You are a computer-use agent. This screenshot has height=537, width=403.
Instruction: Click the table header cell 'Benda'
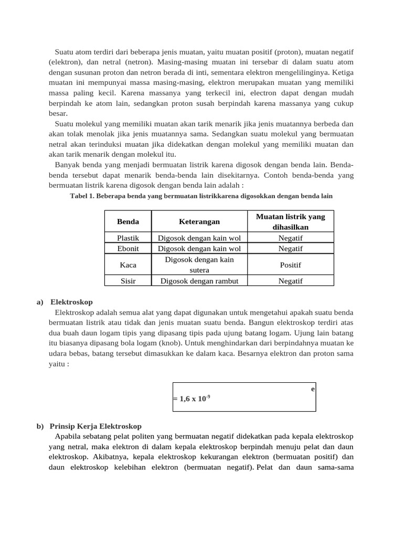click(x=128, y=222)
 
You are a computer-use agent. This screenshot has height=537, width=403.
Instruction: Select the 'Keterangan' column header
click(x=199, y=222)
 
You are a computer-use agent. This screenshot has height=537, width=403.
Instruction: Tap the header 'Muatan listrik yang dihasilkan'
click(x=290, y=222)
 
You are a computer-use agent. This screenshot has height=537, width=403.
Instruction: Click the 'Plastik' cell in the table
click(x=128, y=238)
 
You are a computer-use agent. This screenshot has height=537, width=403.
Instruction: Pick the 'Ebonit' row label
click(x=128, y=248)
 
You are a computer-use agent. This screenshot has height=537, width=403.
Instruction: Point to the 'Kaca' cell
click(x=128, y=265)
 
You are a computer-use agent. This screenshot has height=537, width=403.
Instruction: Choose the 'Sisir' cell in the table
click(x=128, y=281)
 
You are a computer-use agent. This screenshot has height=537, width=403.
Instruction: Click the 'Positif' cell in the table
click(x=290, y=265)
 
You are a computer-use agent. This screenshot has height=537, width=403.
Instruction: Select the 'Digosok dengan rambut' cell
click(x=199, y=281)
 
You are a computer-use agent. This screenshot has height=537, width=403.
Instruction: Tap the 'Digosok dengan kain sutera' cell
click(x=199, y=265)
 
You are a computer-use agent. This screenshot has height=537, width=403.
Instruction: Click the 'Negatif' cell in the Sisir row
click(x=290, y=281)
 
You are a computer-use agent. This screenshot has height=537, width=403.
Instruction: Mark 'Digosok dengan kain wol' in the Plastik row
click(x=199, y=238)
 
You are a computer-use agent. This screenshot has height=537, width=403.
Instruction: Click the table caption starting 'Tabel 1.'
click(x=201, y=196)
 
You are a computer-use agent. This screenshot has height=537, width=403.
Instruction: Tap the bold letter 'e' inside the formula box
click(x=313, y=389)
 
